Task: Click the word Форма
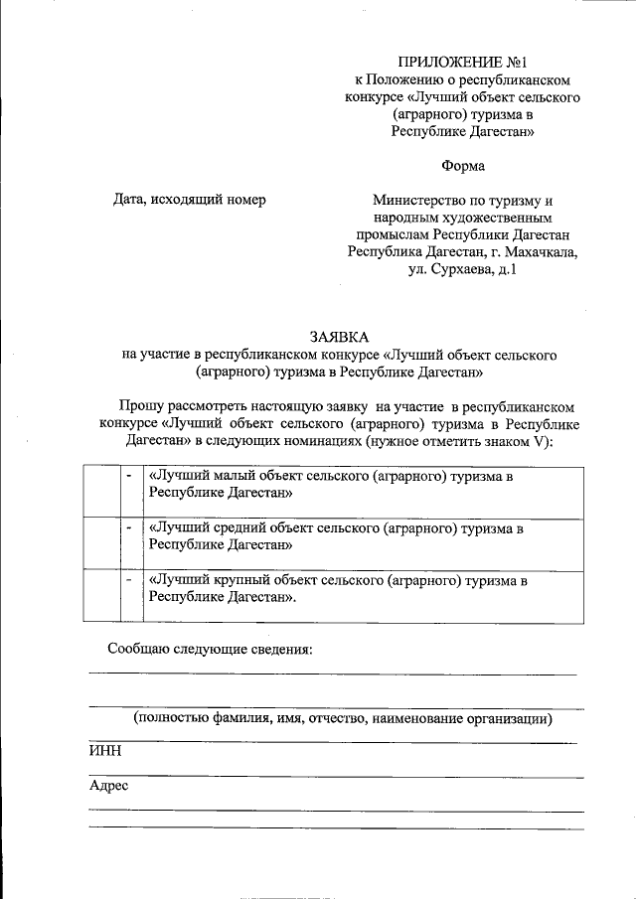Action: [463, 164]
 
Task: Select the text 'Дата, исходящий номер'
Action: [189, 200]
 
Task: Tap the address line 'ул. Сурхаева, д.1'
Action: [462, 269]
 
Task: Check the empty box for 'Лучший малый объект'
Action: [102, 491]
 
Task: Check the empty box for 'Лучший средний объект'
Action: [102, 542]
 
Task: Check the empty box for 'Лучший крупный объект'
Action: [102, 594]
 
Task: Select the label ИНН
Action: [104, 751]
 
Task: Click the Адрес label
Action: [108, 785]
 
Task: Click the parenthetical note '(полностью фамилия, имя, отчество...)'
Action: [343, 718]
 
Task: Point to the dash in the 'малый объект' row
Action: [130, 477]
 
